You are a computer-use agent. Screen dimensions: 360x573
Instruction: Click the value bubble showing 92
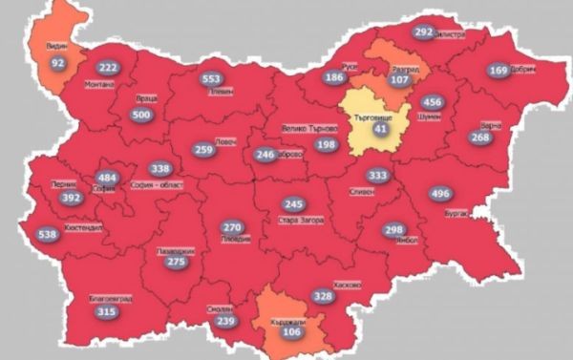click(x=58, y=63)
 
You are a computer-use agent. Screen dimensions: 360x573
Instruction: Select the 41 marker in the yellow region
click(x=382, y=128)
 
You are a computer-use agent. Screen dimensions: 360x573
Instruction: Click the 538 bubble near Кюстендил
click(x=47, y=234)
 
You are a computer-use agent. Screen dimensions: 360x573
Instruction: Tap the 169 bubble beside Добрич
click(x=499, y=70)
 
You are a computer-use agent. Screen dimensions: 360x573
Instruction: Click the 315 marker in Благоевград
click(x=106, y=312)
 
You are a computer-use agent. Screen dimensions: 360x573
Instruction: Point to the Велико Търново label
click(x=310, y=128)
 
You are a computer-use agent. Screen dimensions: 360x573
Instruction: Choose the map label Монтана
click(x=99, y=84)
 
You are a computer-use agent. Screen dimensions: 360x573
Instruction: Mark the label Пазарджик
click(x=175, y=250)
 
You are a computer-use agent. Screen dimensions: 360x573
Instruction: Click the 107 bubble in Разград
click(x=399, y=79)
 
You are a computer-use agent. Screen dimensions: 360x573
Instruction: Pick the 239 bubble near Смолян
click(x=225, y=323)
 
